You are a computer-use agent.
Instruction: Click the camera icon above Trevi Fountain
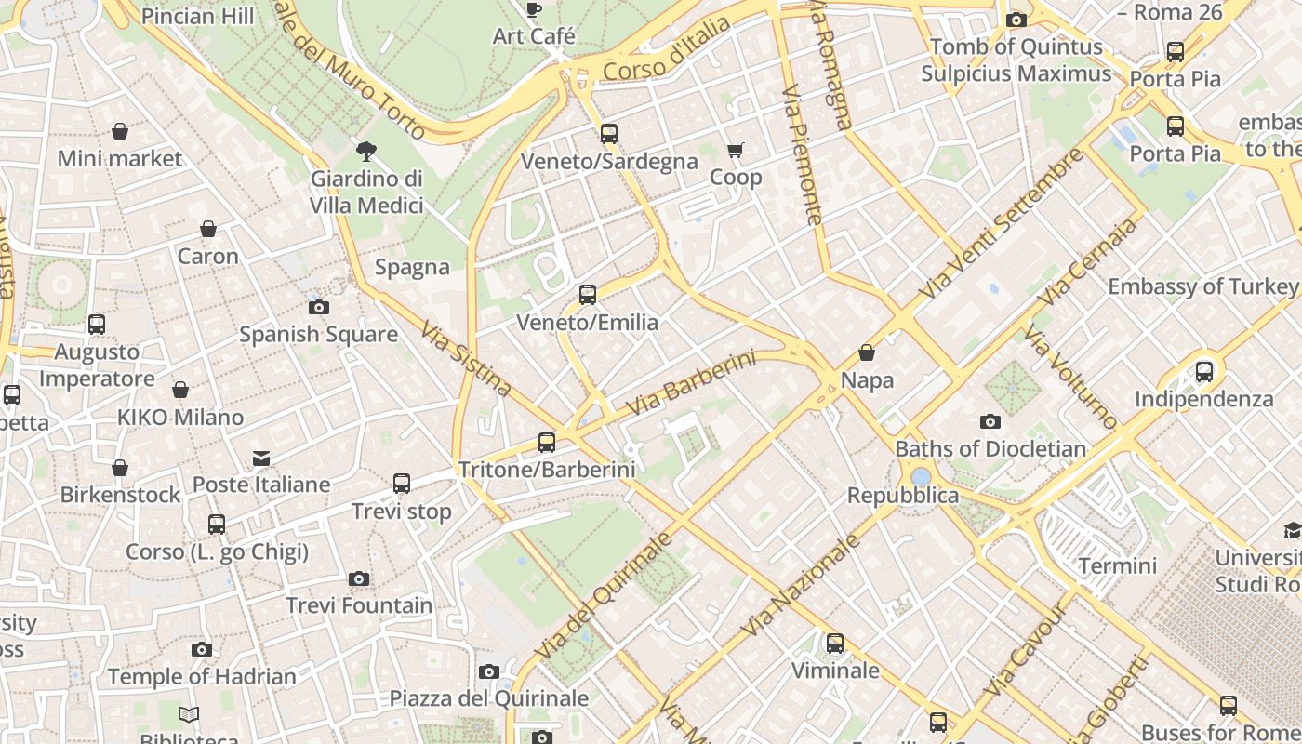click(359, 578)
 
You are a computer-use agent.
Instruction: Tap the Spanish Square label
click(318, 334)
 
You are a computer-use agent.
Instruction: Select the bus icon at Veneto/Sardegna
click(609, 133)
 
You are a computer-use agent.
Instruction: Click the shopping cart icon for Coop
click(736, 150)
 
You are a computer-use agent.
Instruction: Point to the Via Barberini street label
click(690, 383)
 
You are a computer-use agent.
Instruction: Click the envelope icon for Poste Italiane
click(261, 458)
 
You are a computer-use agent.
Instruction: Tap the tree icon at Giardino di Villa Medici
click(366, 151)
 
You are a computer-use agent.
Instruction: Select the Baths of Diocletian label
click(990, 449)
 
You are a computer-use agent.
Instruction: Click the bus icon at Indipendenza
click(1204, 372)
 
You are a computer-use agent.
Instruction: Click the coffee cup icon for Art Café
click(533, 9)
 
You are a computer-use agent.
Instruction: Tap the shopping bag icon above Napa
click(867, 352)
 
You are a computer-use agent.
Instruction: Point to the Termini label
click(1117, 565)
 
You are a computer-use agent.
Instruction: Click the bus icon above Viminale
click(835, 643)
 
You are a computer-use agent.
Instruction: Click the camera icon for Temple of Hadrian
click(202, 649)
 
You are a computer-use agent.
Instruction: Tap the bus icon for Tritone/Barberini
click(547, 442)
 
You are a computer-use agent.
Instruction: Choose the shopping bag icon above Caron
click(208, 229)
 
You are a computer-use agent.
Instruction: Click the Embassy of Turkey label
click(1202, 286)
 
